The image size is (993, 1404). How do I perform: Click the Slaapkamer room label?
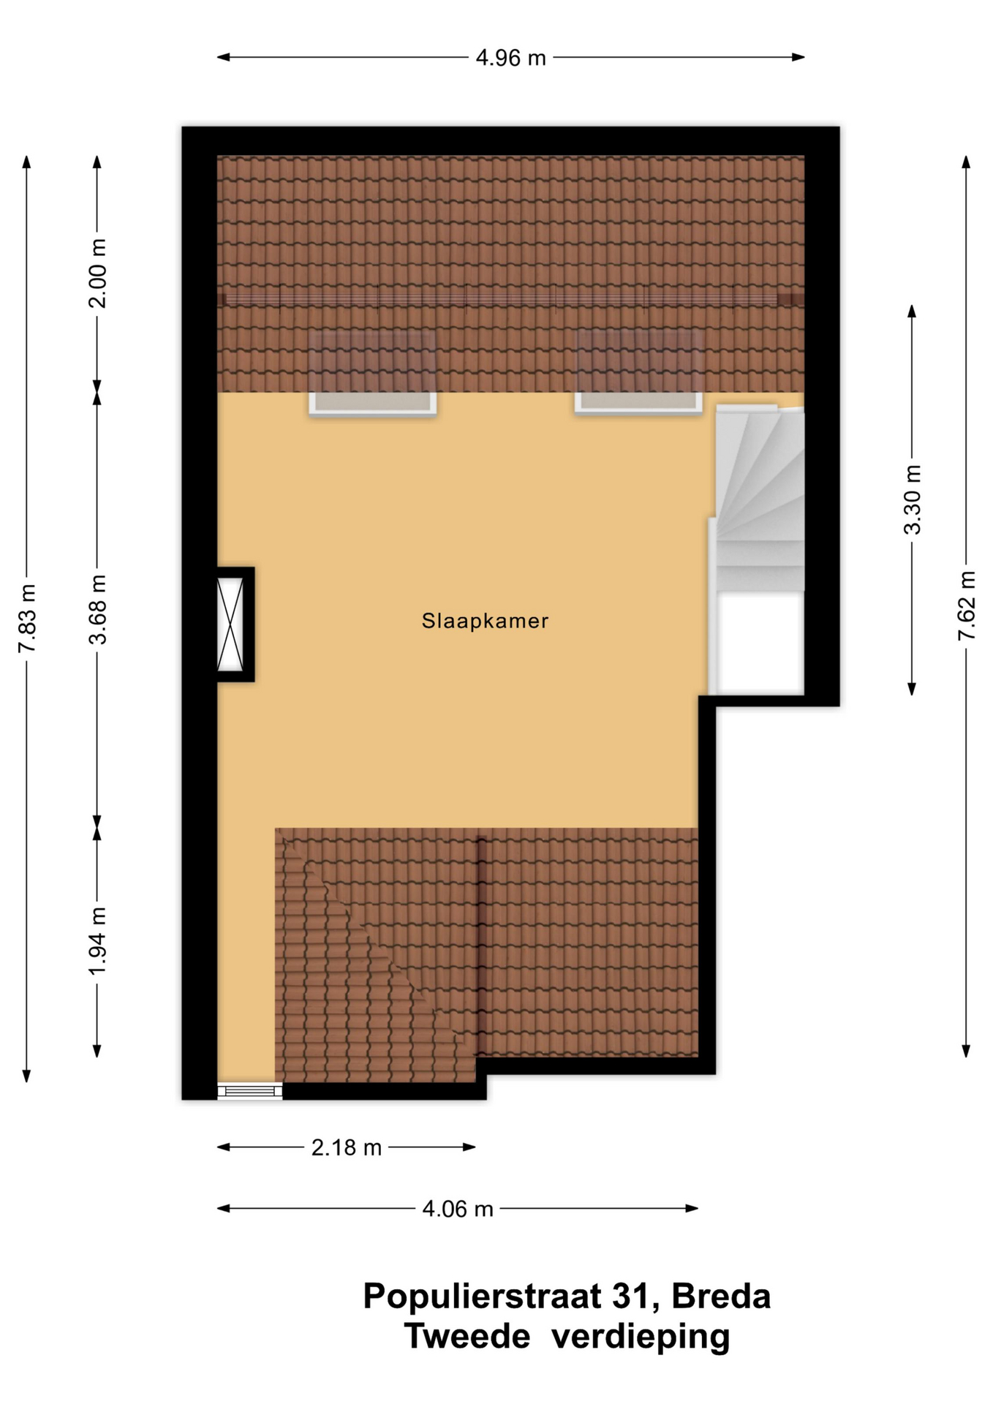pos(485,621)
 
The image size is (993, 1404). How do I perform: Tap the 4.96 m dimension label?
pos(510,57)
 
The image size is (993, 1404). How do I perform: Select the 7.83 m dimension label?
pos(27,618)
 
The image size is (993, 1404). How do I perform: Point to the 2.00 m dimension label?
pos(97,273)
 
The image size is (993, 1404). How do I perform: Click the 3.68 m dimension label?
pos(97,609)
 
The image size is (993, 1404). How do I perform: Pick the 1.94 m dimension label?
pos(97,941)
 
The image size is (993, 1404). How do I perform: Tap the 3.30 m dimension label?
pos(912,499)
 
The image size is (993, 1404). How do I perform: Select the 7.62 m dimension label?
pos(967,605)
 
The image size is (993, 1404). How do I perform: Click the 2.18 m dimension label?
pos(347,1147)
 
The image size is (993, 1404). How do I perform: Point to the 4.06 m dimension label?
pos(458,1209)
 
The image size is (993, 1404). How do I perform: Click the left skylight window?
pos(373,403)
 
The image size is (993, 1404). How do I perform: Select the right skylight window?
pos(638,402)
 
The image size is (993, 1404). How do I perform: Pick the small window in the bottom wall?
pos(250,1091)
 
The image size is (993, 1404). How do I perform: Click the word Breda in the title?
pos(721,1297)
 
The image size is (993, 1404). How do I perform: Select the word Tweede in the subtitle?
pos(467,1337)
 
